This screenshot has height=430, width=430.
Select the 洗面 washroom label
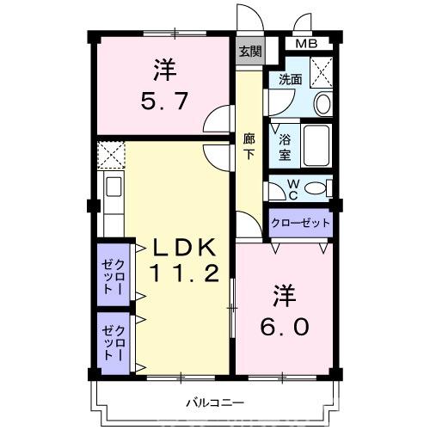click(x=289, y=80)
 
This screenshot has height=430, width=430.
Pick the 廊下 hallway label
click(x=249, y=147)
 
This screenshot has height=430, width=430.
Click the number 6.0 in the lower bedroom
click(x=285, y=328)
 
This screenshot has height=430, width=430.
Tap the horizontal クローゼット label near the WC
click(x=300, y=223)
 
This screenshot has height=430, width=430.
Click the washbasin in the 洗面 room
click(x=322, y=103)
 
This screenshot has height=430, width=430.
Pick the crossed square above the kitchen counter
click(x=111, y=155)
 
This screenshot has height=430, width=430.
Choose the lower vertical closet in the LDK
click(x=114, y=341)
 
